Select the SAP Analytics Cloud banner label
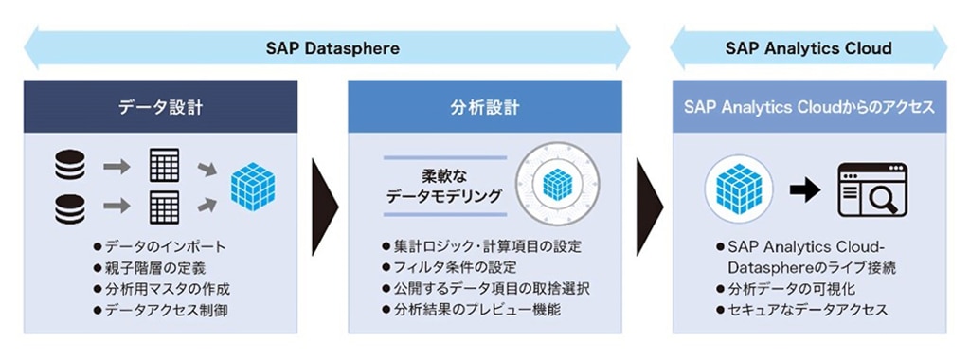point(809,48)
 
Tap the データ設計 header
point(160,107)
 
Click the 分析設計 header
point(484,107)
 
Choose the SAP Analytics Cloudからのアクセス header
point(809,107)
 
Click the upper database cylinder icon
point(70,165)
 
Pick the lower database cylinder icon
point(70,208)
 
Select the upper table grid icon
point(165,165)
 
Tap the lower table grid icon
point(165,207)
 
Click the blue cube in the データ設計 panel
point(252,187)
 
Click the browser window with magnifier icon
point(872,189)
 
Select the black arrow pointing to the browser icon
point(805,189)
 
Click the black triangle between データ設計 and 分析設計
point(325,207)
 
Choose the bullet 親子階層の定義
point(149,268)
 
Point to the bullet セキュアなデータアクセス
point(801,309)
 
